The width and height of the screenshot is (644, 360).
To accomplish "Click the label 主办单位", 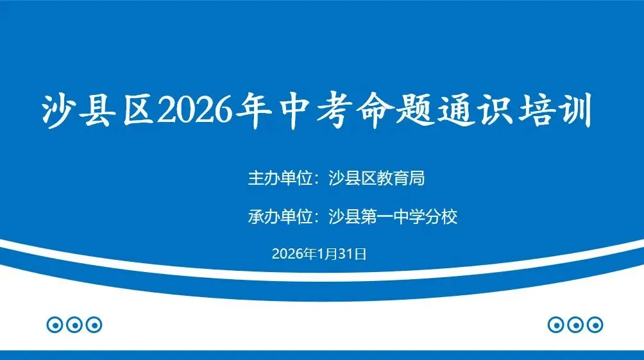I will pyautogui.click(x=280, y=178).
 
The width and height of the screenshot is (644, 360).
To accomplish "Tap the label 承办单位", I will pyautogui.click(x=280, y=217).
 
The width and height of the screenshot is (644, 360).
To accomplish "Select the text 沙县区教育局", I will pyautogui.click(x=377, y=178).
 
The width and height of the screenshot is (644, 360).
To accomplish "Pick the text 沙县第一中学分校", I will pyautogui.click(x=393, y=217).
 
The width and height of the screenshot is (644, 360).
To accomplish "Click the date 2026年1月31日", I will pyautogui.click(x=319, y=254).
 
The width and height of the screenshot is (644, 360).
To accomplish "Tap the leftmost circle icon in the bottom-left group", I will pyautogui.click(x=55, y=325).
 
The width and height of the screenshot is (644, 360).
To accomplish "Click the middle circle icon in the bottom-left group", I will pyautogui.click(x=74, y=325).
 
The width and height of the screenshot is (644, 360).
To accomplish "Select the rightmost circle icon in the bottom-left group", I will pyautogui.click(x=94, y=325).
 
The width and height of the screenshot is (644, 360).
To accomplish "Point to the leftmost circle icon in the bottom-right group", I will pyautogui.click(x=556, y=325).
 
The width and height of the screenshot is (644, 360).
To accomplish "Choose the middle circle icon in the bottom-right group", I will pyautogui.click(x=575, y=325).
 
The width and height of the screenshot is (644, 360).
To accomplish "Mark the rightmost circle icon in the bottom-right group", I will pyautogui.click(x=595, y=325).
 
